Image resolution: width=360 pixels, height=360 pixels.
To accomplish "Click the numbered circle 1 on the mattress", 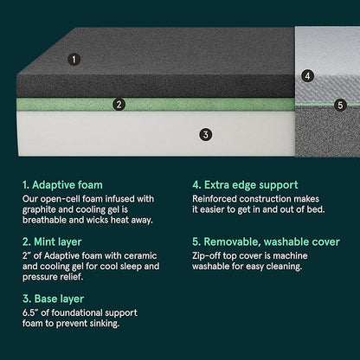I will (x=74, y=60).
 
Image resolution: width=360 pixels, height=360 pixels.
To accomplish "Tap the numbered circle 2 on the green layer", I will (x=119, y=105).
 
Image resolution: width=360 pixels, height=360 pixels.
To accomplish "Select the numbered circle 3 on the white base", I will (x=205, y=134).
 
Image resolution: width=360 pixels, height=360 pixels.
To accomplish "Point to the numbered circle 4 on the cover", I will (x=307, y=75).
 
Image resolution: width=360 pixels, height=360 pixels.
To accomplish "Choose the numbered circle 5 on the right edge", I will (x=340, y=105).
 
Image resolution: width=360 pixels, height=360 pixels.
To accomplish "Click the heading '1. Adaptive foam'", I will (x=61, y=184).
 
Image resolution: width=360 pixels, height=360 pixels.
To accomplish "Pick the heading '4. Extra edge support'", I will (x=245, y=184).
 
